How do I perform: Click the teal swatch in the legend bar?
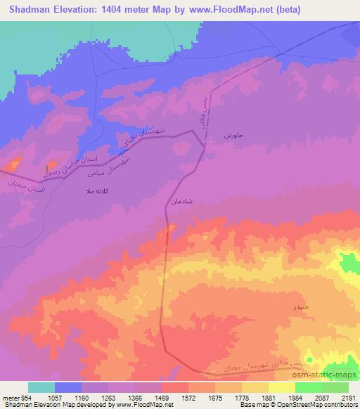(41, 387)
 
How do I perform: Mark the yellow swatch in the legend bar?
(281, 387)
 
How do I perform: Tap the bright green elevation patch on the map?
(349, 265)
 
